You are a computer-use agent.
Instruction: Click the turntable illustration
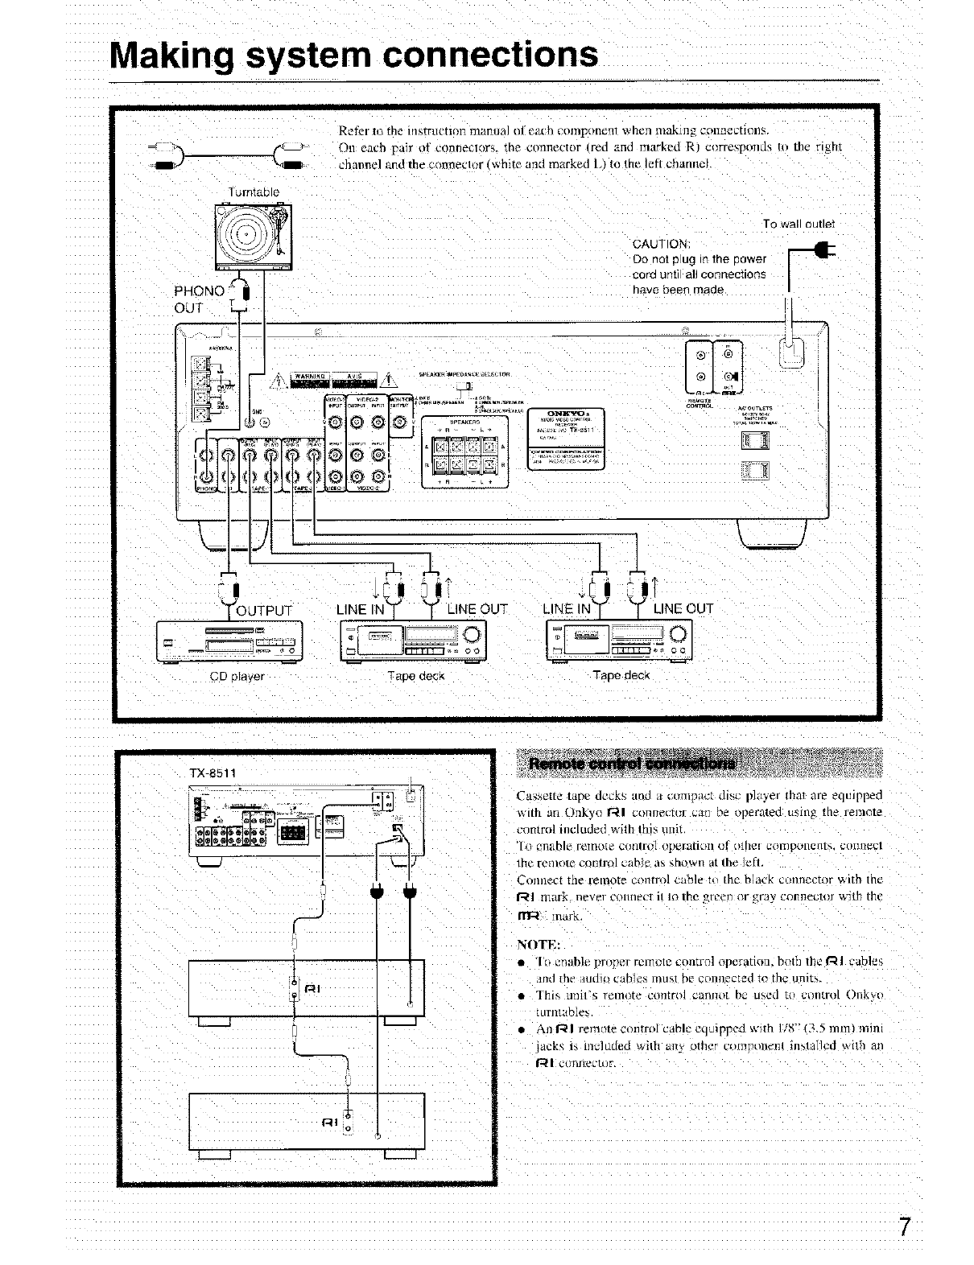coord(253,237)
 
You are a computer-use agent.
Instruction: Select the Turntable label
coord(253,192)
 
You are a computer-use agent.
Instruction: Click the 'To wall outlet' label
coord(799,223)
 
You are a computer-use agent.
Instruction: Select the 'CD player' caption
coord(237,676)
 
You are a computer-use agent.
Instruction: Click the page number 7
coord(906,1227)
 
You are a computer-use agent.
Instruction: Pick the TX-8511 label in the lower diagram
coord(212,773)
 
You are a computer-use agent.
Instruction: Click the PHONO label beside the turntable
coord(199,290)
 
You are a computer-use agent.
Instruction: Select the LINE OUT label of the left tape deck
coord(477,608)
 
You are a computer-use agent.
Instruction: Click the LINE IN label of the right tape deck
coord(567,608)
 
